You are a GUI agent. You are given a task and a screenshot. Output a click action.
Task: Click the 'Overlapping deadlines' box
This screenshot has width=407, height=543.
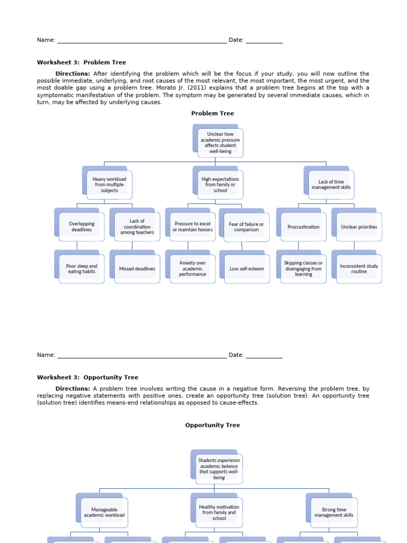click(82, 227)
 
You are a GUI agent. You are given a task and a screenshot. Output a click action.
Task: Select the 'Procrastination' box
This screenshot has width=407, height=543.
click(303, 227)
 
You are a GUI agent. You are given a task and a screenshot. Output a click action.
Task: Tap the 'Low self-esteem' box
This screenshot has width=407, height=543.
click(246, 269)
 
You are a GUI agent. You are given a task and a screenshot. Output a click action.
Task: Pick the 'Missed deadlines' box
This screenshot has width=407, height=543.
click(137, 269)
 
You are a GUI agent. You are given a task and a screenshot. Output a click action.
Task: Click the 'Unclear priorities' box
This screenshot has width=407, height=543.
click(359, 227)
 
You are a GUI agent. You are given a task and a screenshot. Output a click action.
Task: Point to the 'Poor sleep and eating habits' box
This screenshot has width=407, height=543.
click(82, 269)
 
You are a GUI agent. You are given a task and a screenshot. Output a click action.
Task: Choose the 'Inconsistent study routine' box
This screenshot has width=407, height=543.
click(359, 269)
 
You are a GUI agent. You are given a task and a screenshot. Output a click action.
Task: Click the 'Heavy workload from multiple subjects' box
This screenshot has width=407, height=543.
click(109, 185)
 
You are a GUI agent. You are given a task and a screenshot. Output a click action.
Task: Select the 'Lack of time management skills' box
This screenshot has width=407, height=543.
click(331, 185)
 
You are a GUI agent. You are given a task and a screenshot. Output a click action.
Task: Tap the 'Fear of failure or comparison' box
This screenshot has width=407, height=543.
click(246, 227)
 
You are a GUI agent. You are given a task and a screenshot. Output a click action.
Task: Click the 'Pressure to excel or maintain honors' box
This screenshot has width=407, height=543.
click(192, 227)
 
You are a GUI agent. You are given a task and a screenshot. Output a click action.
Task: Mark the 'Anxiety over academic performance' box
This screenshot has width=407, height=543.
click(192, 268)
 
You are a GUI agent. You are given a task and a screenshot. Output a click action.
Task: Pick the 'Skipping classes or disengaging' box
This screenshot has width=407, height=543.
click(303, 269)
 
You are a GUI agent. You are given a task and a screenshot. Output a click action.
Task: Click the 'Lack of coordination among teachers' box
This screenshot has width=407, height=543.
click(137, 227)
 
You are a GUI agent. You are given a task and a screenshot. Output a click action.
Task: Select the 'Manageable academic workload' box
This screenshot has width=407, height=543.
click(104, 512)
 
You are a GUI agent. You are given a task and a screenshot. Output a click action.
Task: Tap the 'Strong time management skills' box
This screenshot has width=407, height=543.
click(334, 512)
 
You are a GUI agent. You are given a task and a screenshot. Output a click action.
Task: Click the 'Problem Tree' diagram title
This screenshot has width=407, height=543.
click(213, 113)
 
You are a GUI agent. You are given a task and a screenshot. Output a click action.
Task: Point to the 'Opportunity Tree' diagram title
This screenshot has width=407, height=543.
click(213, 425)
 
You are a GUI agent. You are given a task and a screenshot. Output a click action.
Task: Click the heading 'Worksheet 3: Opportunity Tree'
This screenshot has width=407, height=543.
click(87, 378)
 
